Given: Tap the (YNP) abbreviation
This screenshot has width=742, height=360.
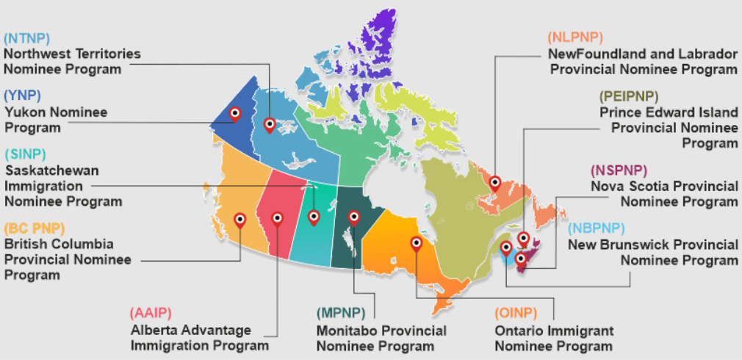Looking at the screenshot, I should pyautogui.click(x=22, y=96).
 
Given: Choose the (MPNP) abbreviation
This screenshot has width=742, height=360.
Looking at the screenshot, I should pyautogui.click(x=342, y=314).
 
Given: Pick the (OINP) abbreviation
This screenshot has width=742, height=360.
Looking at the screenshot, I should pyautogui.click(x=517, y=314).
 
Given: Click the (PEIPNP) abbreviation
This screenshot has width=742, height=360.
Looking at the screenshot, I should pyautogui.click(x=629, y=96).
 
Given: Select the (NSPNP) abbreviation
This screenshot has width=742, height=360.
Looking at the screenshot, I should pyautogui.click(x=618, y=170).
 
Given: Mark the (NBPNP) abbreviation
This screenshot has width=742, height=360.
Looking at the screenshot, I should pyautogui.click(x=598, y=228).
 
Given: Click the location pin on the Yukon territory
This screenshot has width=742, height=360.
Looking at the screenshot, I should pyautogui.click(x=235, y=114).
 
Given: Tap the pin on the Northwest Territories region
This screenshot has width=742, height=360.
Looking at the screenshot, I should pyautogui.click(x=270, y=125).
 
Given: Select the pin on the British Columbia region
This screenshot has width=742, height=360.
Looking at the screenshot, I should pyautogui.click(x=239, y=219).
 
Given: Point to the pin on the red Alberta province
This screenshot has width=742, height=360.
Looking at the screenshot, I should pyautogui.click(x=277, y=218).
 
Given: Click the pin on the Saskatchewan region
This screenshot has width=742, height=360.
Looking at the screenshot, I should pyautogui.click(x=314, y=217).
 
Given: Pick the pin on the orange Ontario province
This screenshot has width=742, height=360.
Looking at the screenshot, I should pyautogui.click(x=417, y=242).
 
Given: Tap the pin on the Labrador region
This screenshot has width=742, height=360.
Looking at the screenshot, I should pyautogui.click(x=495, y=183).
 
